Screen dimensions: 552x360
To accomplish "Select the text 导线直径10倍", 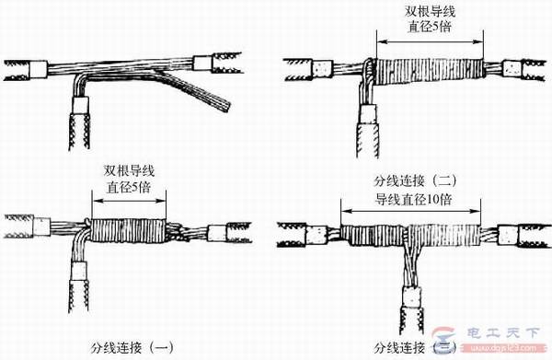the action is pyautogui.click(x=412, y=198).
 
